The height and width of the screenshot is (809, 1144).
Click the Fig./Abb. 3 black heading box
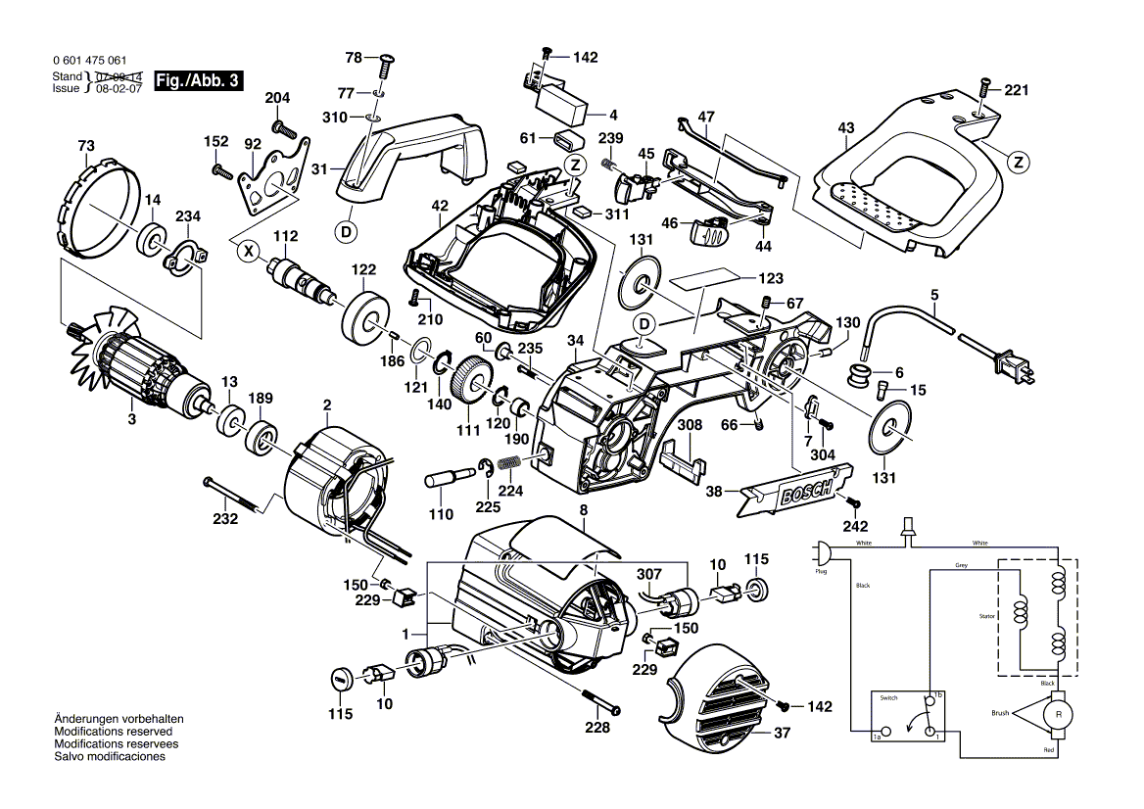point(201,81)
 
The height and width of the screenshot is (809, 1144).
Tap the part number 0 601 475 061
point(89,61)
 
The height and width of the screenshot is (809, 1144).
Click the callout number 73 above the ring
point(86,146)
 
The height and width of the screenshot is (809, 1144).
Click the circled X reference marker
point(249,251)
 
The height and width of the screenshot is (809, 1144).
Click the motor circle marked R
point(1058,715)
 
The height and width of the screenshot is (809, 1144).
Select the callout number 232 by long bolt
point(226,519)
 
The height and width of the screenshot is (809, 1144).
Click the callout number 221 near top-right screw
point(1016,91)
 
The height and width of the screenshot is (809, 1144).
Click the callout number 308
point(691,426)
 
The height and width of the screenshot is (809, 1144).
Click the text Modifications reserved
point(114,732)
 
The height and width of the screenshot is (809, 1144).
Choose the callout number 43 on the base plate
point(846,127)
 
